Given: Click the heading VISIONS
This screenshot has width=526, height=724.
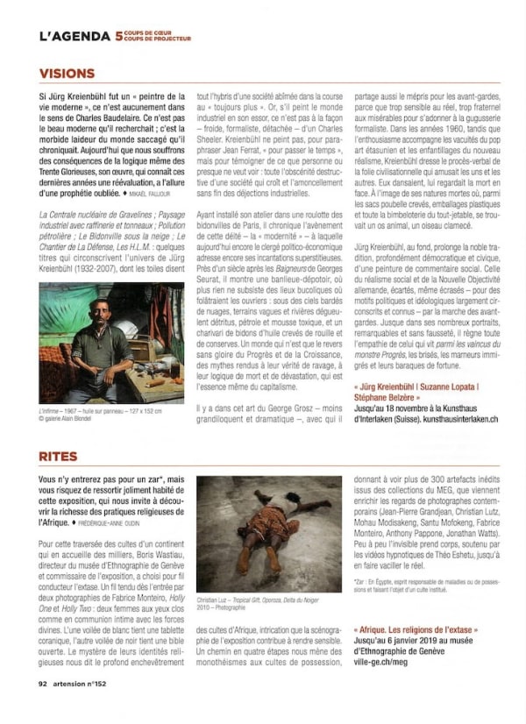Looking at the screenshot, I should pos(67,74).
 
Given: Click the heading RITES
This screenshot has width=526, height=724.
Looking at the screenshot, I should pos(58,457).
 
